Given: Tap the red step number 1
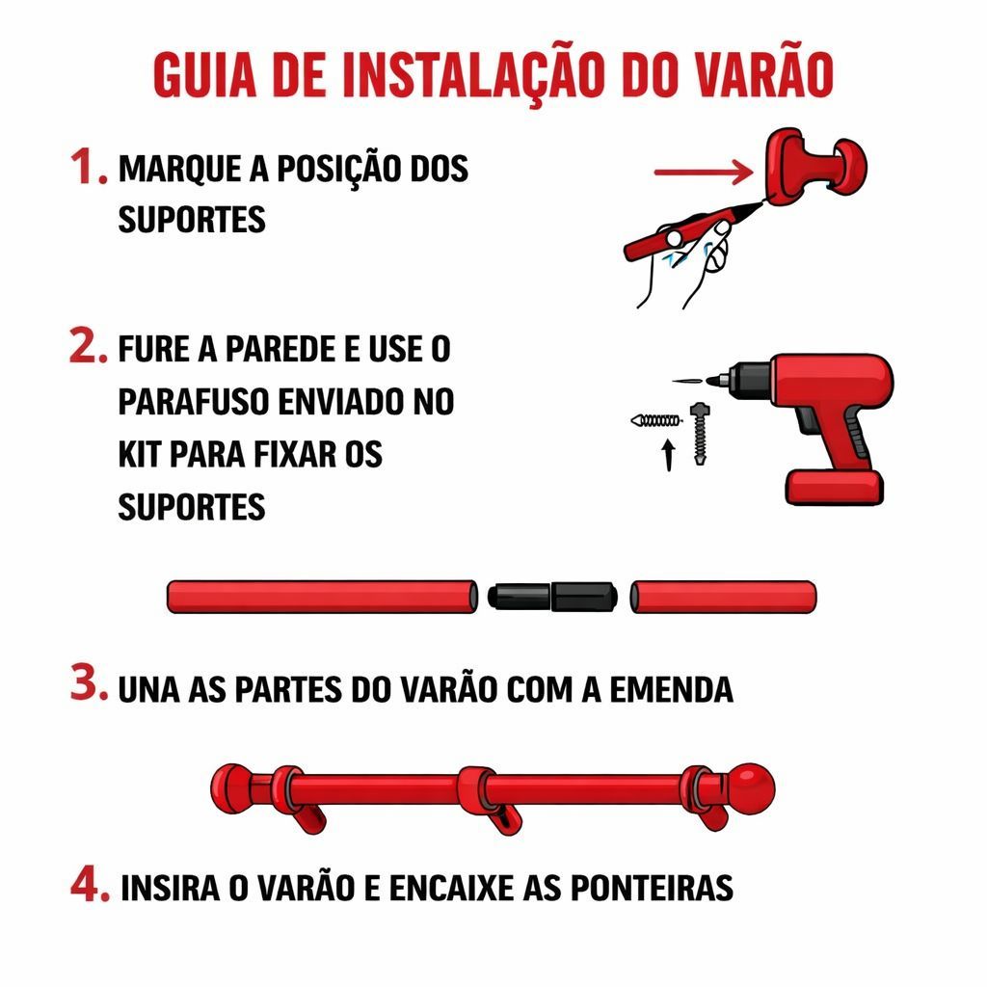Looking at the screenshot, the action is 88,167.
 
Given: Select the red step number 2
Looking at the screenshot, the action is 88,345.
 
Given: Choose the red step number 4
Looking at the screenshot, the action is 90,885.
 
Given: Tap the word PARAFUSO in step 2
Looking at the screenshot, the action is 193,402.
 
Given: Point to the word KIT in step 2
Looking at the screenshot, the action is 141,454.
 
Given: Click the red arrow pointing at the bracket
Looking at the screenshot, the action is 704,172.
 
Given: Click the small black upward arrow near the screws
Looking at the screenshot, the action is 669,455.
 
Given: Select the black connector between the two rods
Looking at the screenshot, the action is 552,596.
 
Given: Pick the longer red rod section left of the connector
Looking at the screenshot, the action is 322,596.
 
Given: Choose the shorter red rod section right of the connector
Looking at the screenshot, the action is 723,596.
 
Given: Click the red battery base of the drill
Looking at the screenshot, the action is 834,487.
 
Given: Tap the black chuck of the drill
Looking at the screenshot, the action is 751,380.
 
